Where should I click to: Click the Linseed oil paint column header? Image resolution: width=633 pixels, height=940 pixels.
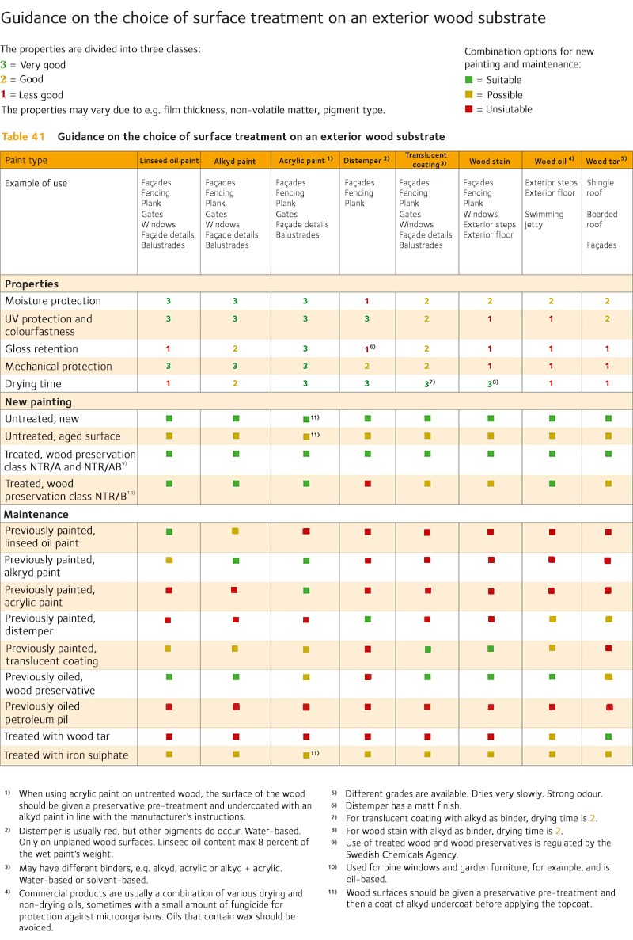pyautogui.click(x=169, y=161)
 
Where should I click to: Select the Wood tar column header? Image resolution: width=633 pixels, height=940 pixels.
pyautogui.click(x=607, y=161)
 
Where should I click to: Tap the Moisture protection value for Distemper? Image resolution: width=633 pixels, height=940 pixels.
pyautogui.click(x=367, y=301)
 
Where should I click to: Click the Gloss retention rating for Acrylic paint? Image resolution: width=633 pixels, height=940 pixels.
pyautogui.click(x=305, y=349)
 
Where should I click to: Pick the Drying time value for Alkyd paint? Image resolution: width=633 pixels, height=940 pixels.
pyautogui.click(x=235, y=384)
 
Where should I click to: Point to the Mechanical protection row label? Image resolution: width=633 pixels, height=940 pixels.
pyautogui.click(x=59, y=367)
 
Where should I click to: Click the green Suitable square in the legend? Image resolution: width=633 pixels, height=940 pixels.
pyautogui.click(x=468, y=80)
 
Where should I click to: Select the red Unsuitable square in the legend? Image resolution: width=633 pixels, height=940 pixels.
pyautogui.click(x=468, y=109)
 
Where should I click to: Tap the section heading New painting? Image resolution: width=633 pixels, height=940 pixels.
pyautogui.click(x=38, y=402)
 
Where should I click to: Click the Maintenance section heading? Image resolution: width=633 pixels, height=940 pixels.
pyautogui.click(x=36, y=515)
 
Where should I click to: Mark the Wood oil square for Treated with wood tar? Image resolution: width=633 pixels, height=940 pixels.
pyautogui.click(x=552, y=736)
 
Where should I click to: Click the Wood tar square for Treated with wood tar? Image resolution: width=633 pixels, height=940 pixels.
pyautogui.click(x=608, y=736)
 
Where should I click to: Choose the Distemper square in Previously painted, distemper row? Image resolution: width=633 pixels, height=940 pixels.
pyautogui.click(x=367, y=619)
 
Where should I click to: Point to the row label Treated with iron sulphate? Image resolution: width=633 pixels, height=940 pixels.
pyautogui.click(x=66, y=755)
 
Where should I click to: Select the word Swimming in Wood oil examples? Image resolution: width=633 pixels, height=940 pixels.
pyautogui.click(x=544, y=215)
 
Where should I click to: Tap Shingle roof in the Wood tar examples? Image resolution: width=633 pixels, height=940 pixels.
pyautogui.click(x=601, y=188)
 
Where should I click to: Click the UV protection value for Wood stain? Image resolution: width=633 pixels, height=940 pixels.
pyautogui.click(x=490, y=319)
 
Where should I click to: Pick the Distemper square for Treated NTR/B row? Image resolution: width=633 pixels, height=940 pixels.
pyautogui.click(x=367, y=483)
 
